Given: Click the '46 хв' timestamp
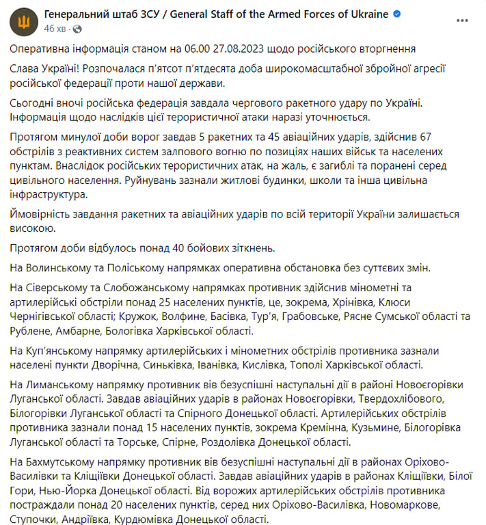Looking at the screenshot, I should click(x=54, y=29).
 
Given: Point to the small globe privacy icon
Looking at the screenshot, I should click(x=76, y=29).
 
